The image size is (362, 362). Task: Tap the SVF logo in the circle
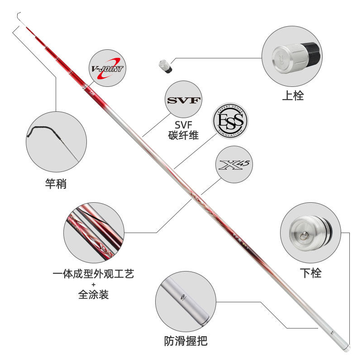coord(183,100)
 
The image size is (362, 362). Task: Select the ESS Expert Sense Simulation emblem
coord(231,121)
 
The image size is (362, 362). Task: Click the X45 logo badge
coord(234,164)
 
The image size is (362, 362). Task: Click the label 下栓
coord(310,273)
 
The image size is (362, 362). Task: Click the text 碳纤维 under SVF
coord(183,135)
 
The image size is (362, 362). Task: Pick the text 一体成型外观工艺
coord(93,274)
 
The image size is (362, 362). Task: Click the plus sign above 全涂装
coord(93,285)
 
